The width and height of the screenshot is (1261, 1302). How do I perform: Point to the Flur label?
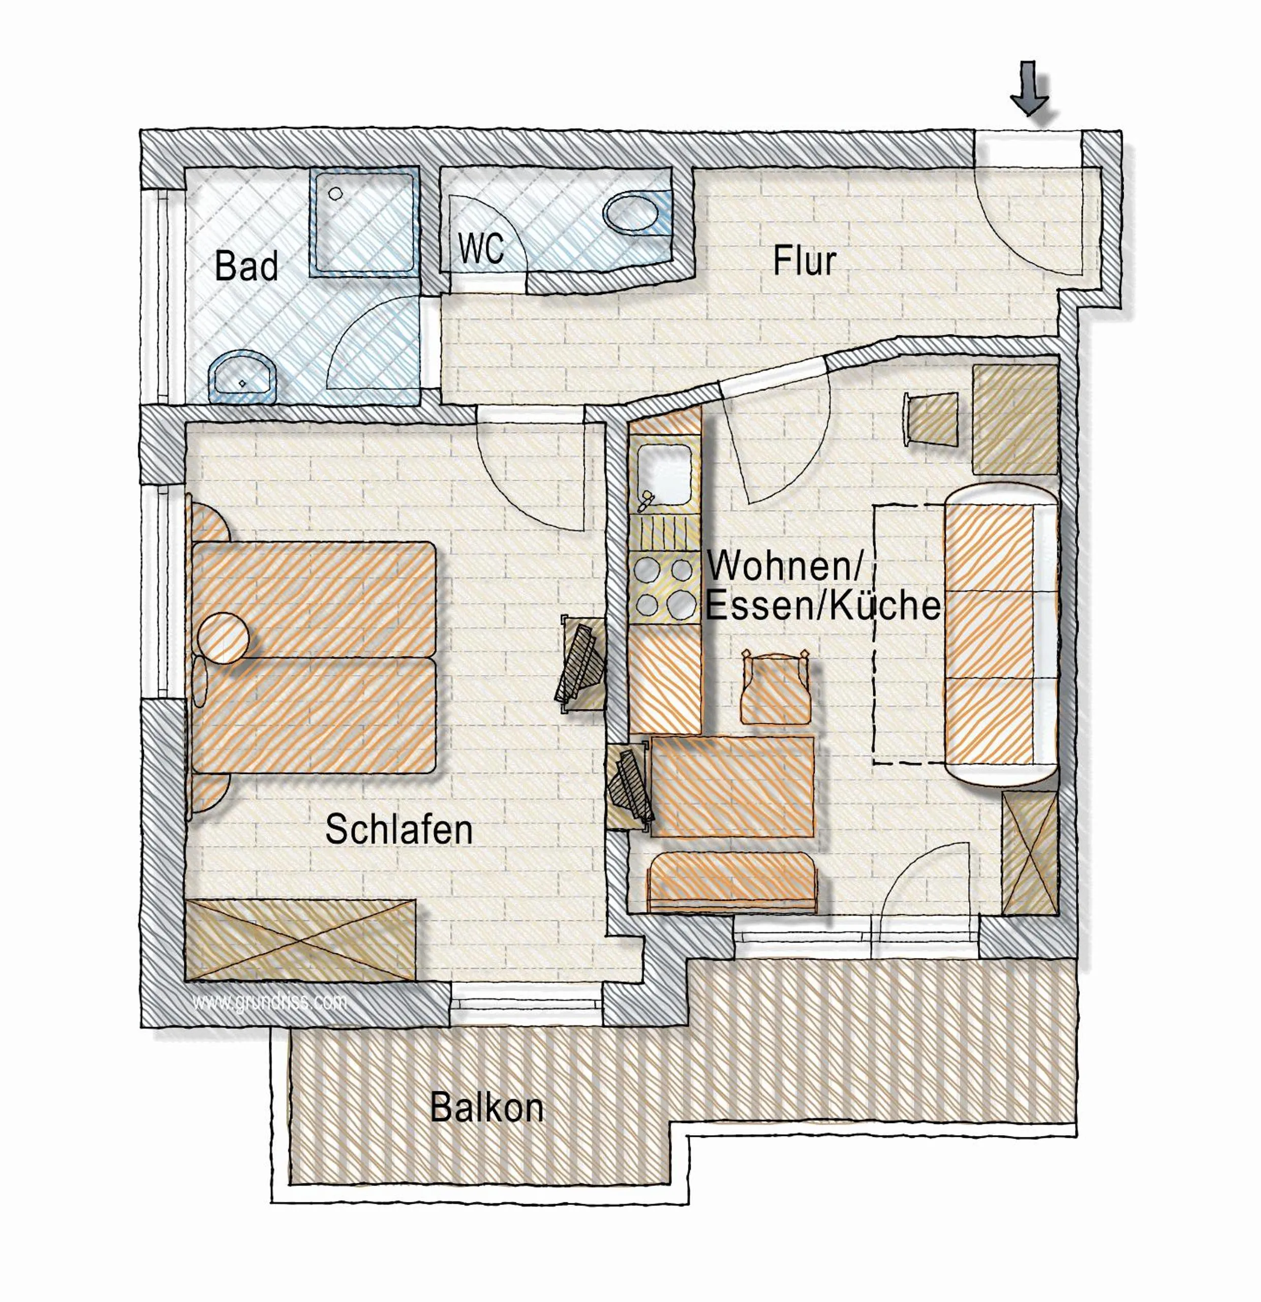point(804,261)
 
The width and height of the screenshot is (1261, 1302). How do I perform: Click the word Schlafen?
point(399,830)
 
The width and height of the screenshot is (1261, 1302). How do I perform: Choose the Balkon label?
point(487,1108)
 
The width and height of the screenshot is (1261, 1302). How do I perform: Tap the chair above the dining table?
point(776,689)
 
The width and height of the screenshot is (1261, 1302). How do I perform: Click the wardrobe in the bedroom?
point(300,940)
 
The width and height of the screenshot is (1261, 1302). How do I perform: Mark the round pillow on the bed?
point(223,637)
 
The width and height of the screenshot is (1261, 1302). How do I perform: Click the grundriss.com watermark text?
point(269,1001)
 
